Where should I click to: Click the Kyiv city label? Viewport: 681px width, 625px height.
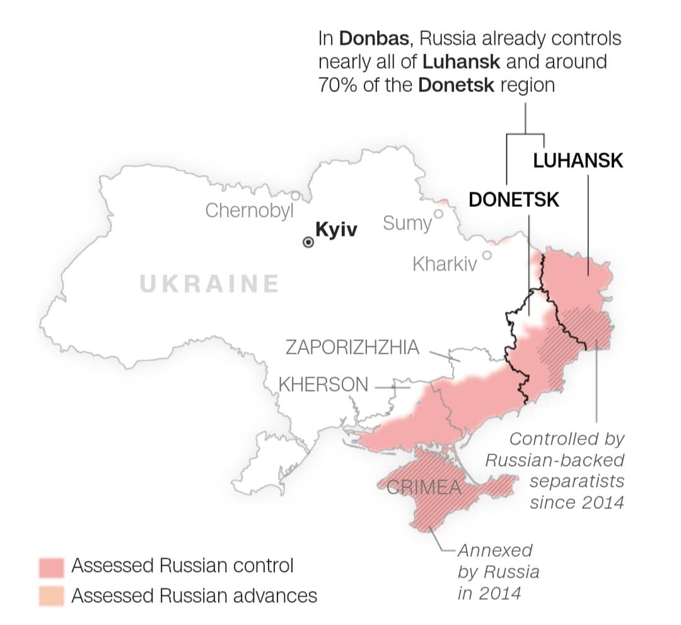[x=336, y=230]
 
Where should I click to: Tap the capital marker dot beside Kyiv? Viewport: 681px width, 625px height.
[x=308, y=242]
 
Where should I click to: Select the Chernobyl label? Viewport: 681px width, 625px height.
[x=250, y=211]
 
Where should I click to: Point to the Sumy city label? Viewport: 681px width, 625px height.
[x=407, y=223]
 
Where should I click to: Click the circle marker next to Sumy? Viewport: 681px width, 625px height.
[x=439, y=214]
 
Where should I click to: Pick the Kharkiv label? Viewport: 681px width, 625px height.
[x=445, y=264]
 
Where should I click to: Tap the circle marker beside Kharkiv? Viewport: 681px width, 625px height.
[x=487, y=255]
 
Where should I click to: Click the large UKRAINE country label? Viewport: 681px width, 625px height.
[x=209, y=284]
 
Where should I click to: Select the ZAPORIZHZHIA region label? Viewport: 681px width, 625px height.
[x=352, y=348]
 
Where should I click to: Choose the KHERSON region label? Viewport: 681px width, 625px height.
[x=323, y=384]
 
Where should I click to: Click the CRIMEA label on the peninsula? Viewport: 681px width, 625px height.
[x=424, y=488]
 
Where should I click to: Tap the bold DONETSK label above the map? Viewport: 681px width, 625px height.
[x=514, y=200]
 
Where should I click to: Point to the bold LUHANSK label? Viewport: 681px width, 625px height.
[x=578, y=160]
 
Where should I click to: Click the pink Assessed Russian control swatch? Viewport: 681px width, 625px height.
[x=51, y=567]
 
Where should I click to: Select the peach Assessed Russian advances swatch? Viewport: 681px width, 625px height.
[x=51, y=596]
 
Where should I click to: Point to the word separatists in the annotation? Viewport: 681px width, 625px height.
[x=577, y=481]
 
